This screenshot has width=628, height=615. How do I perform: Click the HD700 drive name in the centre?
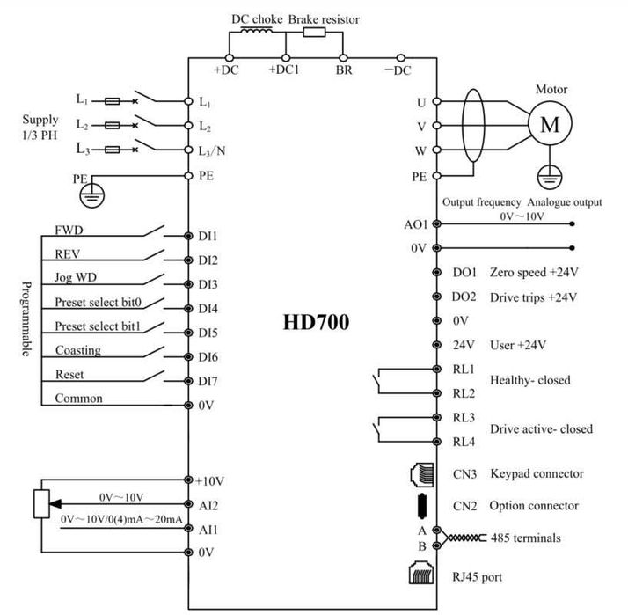[316, 322]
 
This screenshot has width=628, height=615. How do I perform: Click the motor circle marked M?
[550, 125]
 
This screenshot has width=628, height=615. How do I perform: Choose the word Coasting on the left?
[77, 350]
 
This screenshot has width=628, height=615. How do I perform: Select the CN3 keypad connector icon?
[420, 473]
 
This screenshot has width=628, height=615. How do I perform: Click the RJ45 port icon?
[420, 575]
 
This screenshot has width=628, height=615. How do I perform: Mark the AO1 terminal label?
[415, 224]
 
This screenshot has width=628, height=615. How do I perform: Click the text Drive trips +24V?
[533, 297]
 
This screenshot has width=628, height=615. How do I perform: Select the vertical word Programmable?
[27, 319]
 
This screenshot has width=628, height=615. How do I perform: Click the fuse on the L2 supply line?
[112, 125]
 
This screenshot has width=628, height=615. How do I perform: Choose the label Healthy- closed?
[529, 380]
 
